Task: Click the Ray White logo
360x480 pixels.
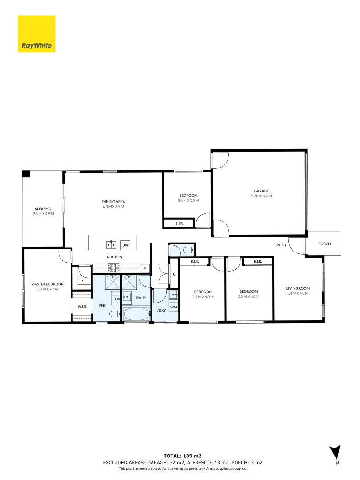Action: click(x=36, y=34)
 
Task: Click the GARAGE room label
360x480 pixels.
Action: click(x=261, y=191)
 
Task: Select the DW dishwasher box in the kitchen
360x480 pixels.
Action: click(x=125, y=245)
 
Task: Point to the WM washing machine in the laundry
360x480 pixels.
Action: click(x=173, y=307)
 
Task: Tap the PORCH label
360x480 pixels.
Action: click(x=324, y=244)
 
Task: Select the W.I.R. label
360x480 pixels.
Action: click(x=82, y=306)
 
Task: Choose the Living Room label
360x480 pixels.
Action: click(x=298, y=288)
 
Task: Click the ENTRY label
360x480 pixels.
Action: click(x=281, y=245)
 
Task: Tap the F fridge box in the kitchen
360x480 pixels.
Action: click(x=144, y=268)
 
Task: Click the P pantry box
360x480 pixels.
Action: click(x=82, y=281)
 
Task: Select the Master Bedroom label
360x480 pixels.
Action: click(x=48, y=284)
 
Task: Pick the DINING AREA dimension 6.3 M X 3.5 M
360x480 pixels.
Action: click(x=113, y=207)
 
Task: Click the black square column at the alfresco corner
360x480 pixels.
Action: click(x=27, y=174)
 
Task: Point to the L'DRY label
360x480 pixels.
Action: click(x=161, y=310)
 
